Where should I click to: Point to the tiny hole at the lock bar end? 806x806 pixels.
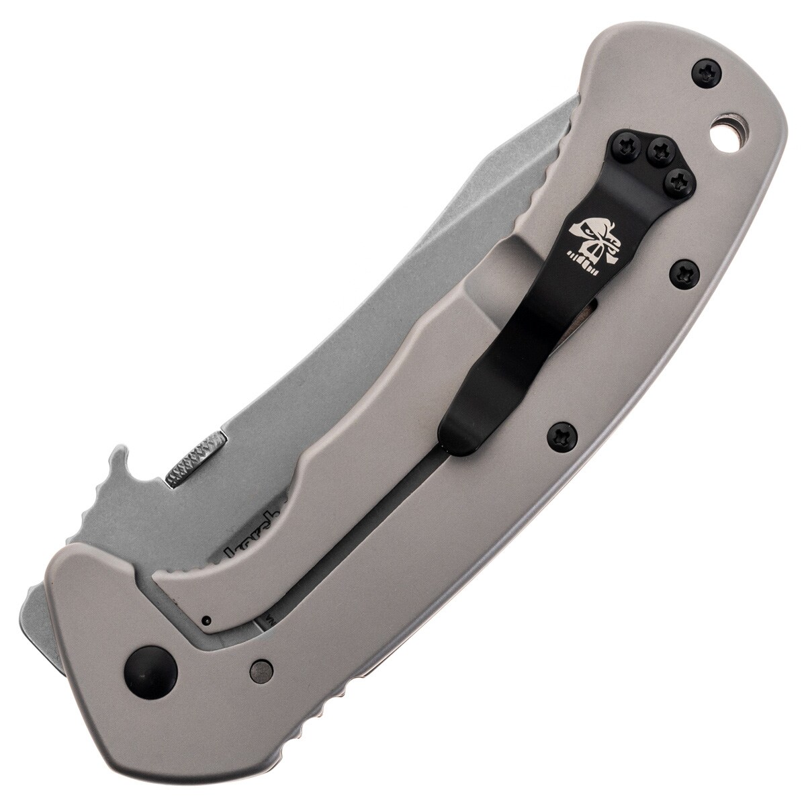208,619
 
